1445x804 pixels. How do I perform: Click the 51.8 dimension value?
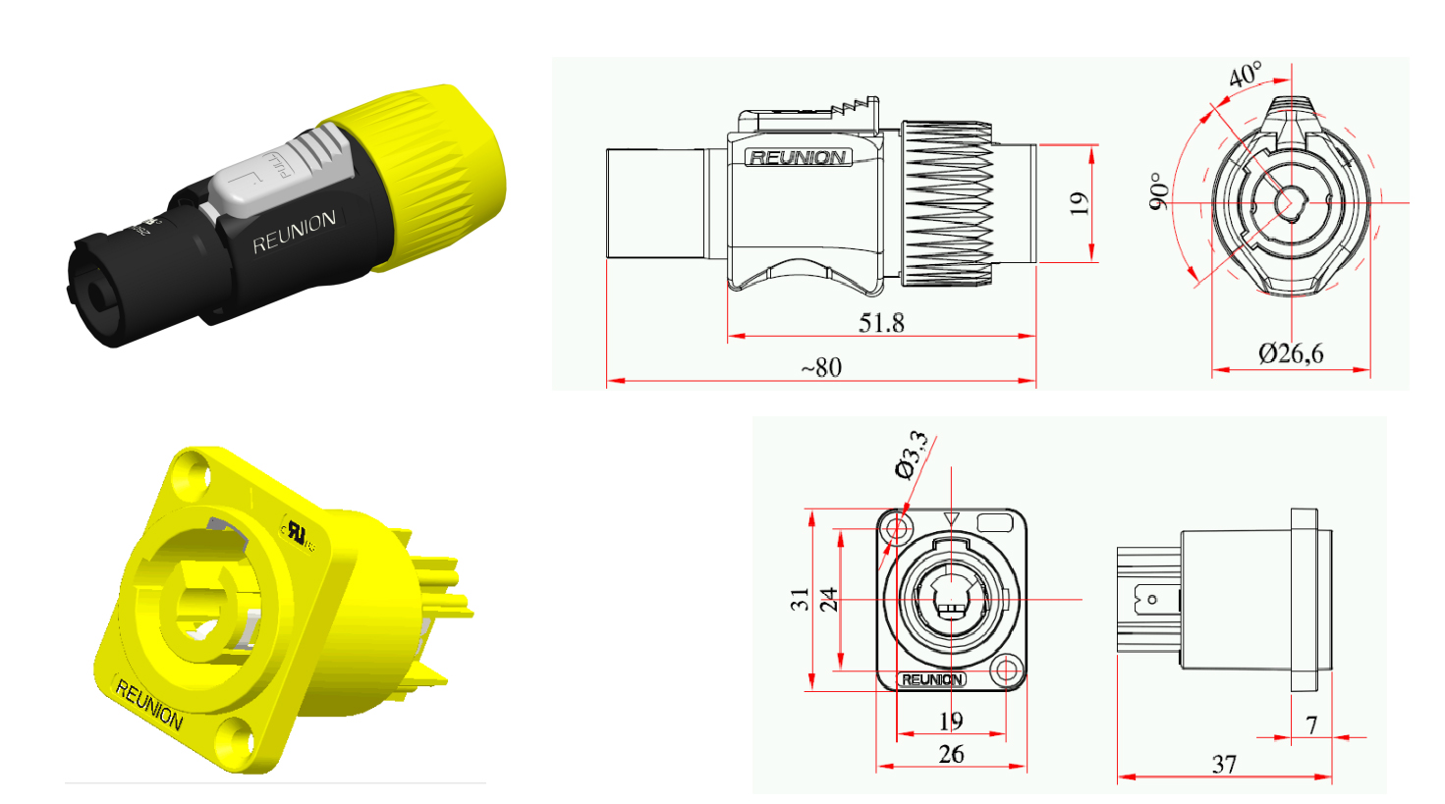point(881,322)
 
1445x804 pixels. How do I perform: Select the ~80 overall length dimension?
point(821,367)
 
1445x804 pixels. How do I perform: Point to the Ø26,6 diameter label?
point(1290,353)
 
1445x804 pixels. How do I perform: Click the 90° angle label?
point(1159,191)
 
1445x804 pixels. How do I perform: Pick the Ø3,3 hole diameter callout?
point(913,454)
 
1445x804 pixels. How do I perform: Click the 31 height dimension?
point(800,599)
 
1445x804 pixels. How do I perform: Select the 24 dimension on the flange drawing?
point(828,599)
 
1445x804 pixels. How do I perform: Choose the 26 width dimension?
point(951,754)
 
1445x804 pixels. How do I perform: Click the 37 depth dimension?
point(1224,764)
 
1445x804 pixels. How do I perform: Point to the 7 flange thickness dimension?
point(1311,724)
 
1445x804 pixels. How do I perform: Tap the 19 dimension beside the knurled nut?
point(1079,203)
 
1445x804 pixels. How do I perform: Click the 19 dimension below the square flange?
point(951,721)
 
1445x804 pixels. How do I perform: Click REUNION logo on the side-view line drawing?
point(798,157)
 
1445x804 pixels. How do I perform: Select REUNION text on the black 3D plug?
point(294,232)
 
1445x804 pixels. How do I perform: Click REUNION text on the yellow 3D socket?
point(148,705)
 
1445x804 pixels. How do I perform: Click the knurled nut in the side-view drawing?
point(947,203)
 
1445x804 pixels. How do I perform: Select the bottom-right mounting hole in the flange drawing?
point(1005,671)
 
